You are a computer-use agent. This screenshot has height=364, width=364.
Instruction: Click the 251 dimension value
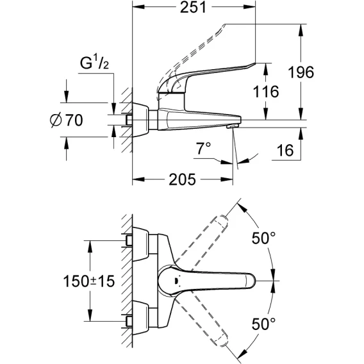click(x=193, y=7)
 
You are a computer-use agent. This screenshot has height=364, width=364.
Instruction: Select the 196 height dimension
click(x=301, y=72)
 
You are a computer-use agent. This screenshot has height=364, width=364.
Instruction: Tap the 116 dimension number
click(x=266, y=91)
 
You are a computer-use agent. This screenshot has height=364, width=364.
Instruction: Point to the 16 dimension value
click(x=285, y=150)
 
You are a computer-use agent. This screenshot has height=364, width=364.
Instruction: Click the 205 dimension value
click(x=182, y=179)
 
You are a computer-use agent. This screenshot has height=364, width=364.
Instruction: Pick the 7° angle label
click(x=204, y=148)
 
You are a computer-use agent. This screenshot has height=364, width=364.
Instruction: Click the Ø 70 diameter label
click(x=67, y=120)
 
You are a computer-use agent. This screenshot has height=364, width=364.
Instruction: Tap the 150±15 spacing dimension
click(x=89, y=281)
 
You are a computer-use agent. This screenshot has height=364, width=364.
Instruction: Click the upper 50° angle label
click(x=263, y=238)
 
